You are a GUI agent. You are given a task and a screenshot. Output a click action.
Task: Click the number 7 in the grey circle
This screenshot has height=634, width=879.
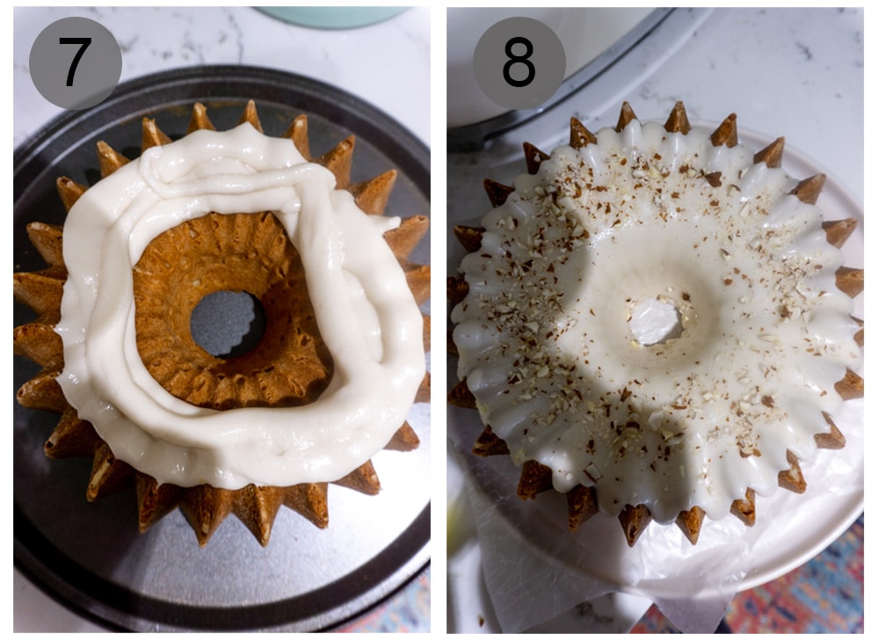(75, 62)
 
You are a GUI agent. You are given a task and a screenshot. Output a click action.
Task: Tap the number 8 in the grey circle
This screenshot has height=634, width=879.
(519, 62)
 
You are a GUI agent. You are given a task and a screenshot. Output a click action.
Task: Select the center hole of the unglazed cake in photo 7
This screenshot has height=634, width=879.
(228, 323)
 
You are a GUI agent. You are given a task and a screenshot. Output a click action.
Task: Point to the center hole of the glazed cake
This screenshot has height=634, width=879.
(656, 322)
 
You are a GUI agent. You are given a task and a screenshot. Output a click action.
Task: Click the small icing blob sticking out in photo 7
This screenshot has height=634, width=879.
(388, 225)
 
